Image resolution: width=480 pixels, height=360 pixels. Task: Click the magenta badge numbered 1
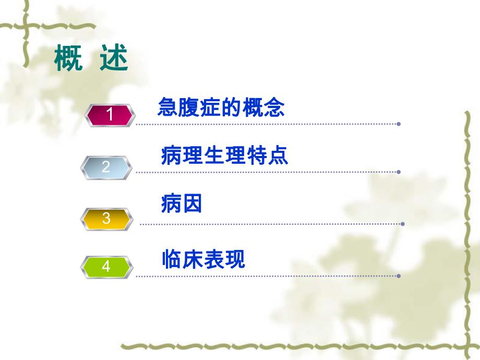pos(110,115)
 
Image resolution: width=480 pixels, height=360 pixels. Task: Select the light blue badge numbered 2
pos(106,167)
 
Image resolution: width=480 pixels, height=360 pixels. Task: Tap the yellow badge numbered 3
pos(106,218)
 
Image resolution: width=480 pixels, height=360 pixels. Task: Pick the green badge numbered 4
pos(106,267)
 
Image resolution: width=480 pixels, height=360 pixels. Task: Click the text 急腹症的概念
pos(221,108)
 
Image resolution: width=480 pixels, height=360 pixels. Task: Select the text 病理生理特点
pos(224,155)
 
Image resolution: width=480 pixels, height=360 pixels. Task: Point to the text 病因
pos(182,203)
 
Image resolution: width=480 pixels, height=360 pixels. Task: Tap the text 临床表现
pos(203,259)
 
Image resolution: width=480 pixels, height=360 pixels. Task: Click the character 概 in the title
pos(68,59)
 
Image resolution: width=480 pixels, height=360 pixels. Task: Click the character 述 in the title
pos(114,59)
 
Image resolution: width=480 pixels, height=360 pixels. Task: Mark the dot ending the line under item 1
pos(399,124)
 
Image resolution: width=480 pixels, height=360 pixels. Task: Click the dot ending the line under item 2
pos(399,172)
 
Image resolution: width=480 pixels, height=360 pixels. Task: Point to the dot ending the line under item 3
pos(402,224)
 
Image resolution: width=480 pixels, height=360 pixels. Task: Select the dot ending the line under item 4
pos(399,275)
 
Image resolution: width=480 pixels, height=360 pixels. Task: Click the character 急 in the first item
pos(168,108)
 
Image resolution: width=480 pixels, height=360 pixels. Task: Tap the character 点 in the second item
pos(278,155)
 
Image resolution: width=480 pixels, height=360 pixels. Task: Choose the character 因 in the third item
pos(192,203)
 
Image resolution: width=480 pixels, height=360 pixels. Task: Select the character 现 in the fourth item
pos(235,259)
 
